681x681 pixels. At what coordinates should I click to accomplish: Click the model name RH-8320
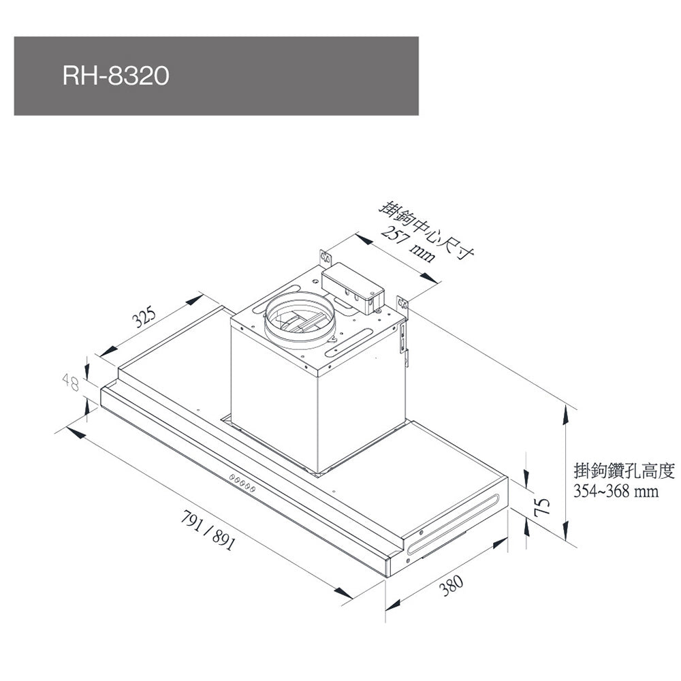[x=116, y=76]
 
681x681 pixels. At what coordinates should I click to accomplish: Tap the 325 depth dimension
[x=144, y=317]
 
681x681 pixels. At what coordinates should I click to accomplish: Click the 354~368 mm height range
[x=616, y=491]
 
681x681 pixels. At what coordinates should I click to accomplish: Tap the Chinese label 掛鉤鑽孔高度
[x=624, y=471]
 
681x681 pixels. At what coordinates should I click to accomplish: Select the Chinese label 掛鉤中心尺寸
[x=427, y=229]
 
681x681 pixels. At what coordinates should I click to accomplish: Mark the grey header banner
[x=216, y=76]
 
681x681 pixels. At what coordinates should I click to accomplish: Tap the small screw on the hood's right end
[x=422, y=530]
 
